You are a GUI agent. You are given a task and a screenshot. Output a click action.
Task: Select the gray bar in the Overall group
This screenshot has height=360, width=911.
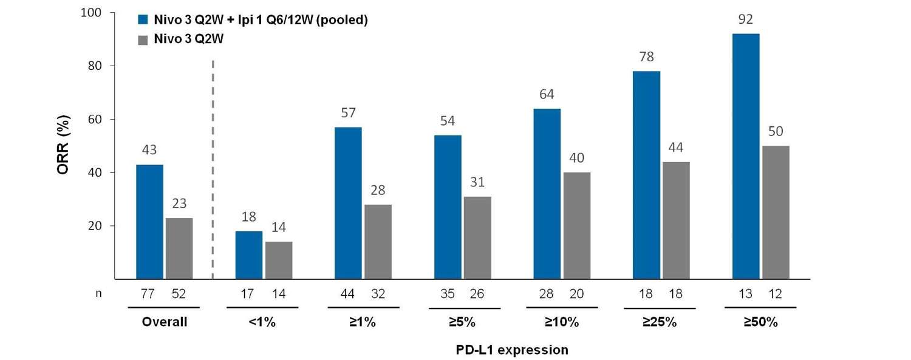pyautogui.click(x=179, y=248)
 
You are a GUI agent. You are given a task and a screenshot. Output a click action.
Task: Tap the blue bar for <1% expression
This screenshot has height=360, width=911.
pyautogui.click(x=249, y=255)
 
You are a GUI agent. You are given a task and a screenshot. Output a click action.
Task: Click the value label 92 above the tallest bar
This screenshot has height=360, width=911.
pyautogui.click(x=746, y=20)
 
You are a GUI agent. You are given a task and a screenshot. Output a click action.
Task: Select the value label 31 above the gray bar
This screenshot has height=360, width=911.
pyautogui.click(x=477, y=182)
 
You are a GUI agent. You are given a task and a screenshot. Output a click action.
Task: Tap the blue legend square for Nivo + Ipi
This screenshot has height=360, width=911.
pyautogui.click(x=143, y=20)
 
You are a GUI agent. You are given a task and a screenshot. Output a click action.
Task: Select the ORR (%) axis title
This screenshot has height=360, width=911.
pyautogui.click(x=63, y=146)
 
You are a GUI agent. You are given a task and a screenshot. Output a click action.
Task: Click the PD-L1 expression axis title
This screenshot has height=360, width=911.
pyautogui.click(x=512, y=350)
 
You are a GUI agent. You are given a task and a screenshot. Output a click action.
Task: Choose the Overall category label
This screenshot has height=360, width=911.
pyautogui.click(x=165, y=322)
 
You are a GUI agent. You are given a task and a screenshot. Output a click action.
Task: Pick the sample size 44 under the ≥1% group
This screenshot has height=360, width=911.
pyautogui.click(x=348, y=294)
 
